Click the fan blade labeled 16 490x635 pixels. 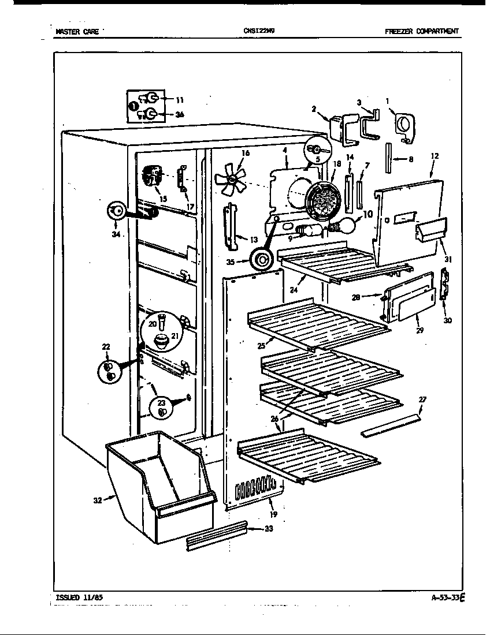231,179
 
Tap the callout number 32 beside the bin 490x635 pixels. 99,500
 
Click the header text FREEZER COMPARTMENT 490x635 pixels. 422,32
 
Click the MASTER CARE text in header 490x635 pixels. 77,32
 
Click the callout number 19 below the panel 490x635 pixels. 273,514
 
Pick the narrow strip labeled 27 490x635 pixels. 391,426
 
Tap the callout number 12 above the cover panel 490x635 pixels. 435,156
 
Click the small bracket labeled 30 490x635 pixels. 445,284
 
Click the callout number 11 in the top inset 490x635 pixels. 180,100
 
